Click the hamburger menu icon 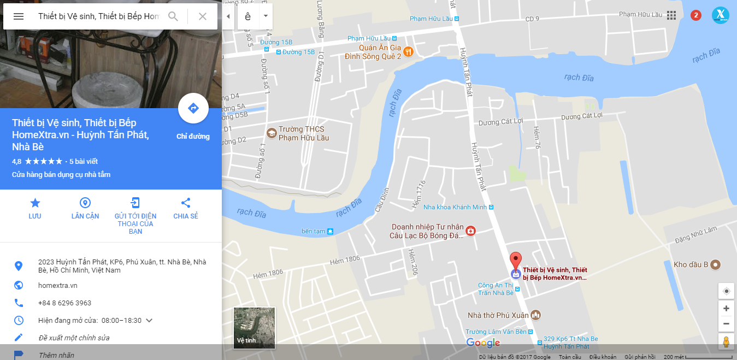point(19,16)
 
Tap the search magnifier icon point(173,16)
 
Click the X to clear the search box point(203,16)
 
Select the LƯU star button point(35,208)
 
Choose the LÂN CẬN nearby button point(85,208)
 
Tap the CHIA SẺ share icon point(186,208)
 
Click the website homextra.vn point(58,285)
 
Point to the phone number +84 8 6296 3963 point(64,303)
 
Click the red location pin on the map point(515,260)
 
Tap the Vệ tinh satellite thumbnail point(255,328)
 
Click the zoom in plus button point(726,309)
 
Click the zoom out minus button point(726,323)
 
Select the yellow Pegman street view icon point(726,342)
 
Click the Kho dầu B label point(691,264)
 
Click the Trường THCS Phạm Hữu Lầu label point(304,133)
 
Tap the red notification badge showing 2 point(696,15)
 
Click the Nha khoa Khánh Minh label point(455,207)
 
